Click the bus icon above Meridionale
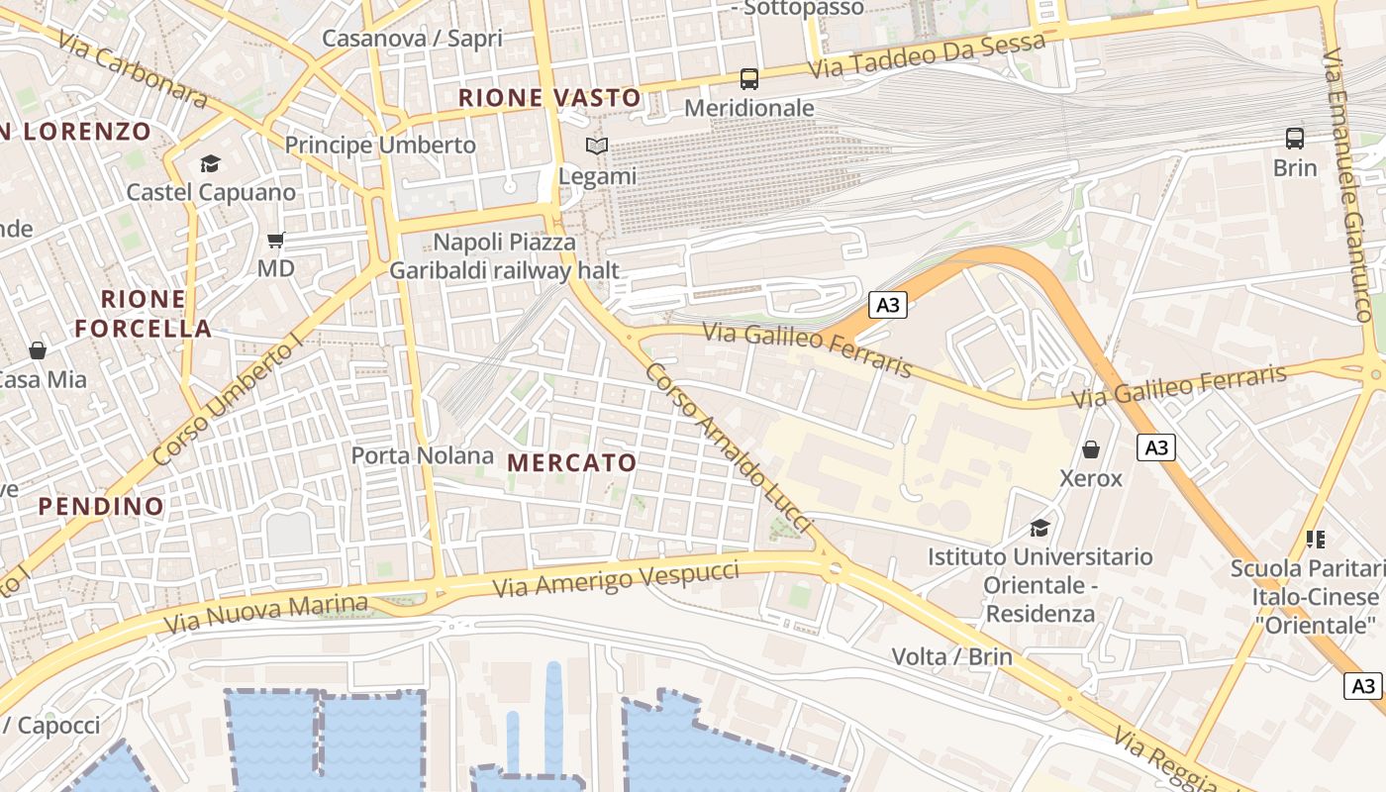point(749,79)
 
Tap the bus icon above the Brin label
point(1295,139)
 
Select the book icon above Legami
point(597,147)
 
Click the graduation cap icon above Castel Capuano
point(210,163)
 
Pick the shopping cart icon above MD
point(276,240)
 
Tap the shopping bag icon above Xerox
point(1091,449)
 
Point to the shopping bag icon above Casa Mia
point(38,349)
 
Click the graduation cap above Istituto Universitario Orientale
point(1039,527)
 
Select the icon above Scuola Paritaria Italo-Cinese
point(1316,540)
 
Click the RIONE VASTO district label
point(550,98)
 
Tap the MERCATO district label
point(572,462)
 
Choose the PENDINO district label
point(101,507)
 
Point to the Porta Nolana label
point(423,455)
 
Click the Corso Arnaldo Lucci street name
point(729,448)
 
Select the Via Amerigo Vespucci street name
point(616,579)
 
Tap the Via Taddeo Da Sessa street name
point(927,56)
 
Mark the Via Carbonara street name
point(133,69)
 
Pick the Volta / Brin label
point(951,656)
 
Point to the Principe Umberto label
point(380,146)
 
